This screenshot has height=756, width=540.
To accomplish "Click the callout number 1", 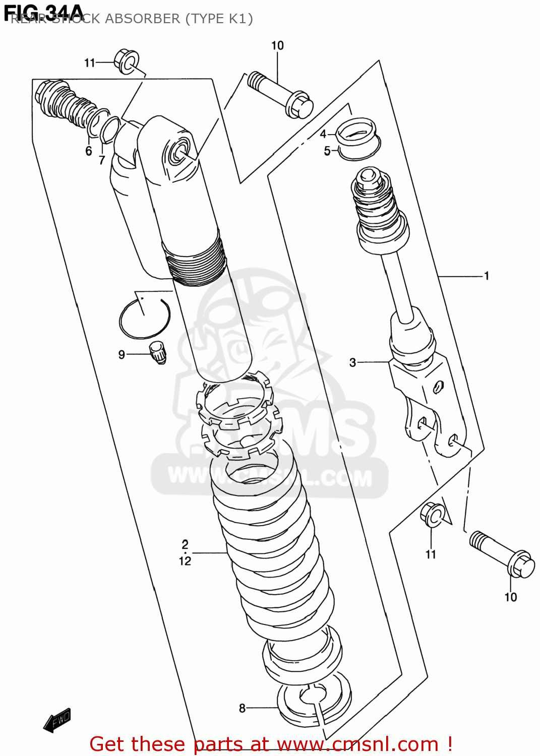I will (486, 276).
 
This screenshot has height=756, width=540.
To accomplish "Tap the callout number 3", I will (352, 362).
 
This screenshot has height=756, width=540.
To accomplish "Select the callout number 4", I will (323, 134).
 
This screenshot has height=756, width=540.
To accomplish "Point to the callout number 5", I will (327, 151).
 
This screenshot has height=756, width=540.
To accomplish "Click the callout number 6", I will (89, 151).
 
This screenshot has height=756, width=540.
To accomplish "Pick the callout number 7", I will (102, 160).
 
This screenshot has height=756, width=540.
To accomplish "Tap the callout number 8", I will (242, 708).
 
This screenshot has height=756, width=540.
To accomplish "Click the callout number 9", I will (122, 355).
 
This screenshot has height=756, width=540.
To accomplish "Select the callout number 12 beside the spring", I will (185, 561).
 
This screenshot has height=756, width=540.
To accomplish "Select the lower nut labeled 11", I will (432, 515).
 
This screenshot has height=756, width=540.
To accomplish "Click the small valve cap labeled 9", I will (158, 352).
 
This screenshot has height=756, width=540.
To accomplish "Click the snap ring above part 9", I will (145, 318).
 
